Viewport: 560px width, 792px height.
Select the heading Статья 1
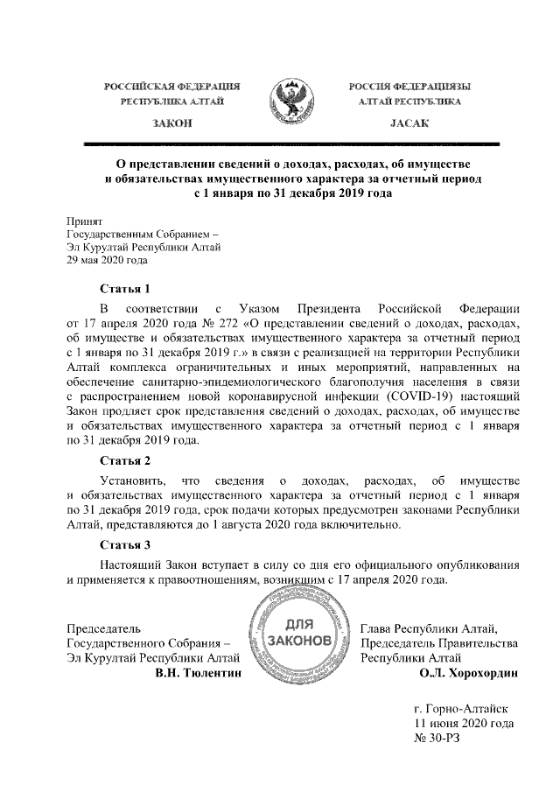tap(126, 288)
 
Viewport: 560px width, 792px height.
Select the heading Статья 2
tap(126, 459)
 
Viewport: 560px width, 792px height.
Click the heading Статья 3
tap(126, 545)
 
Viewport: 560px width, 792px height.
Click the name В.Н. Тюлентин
tap(197, 674)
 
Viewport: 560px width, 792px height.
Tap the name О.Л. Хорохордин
tap(469, 674)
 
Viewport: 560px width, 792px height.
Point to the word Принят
tap(86, 221)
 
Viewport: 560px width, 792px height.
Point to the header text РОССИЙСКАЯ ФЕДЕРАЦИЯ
tap(173, 86)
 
